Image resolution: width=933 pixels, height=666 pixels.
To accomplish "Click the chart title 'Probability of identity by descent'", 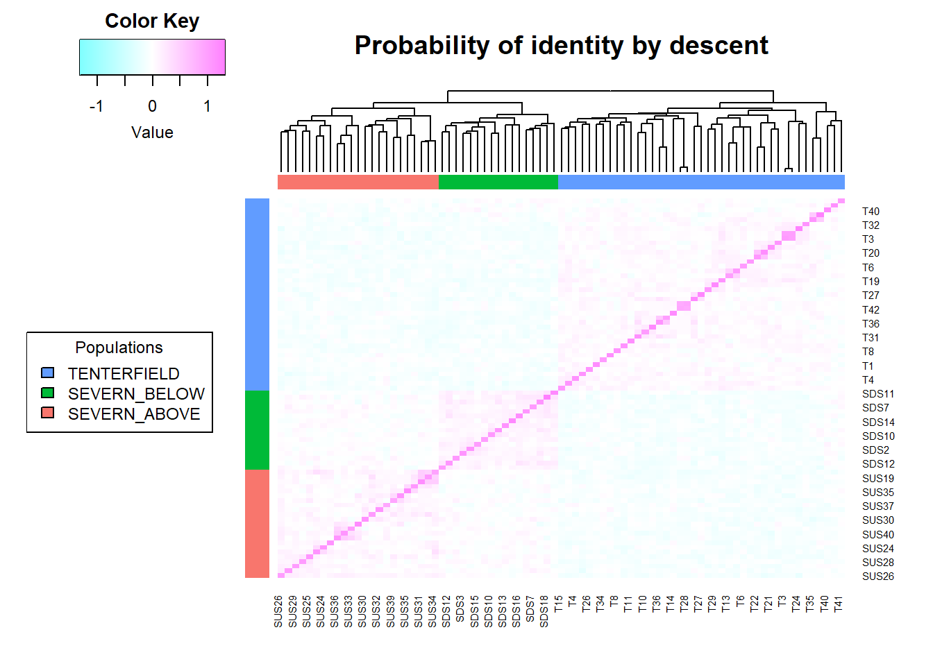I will point(561,46).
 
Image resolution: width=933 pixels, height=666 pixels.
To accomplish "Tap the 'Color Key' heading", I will point(152,21).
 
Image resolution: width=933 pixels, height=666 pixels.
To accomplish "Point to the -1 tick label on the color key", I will point(96,106).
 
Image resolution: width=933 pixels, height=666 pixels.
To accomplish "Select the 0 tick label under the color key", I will point(152,106).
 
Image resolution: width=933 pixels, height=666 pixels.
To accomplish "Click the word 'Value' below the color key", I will point(152,133).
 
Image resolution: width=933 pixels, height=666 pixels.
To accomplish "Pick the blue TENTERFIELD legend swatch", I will point(48,373).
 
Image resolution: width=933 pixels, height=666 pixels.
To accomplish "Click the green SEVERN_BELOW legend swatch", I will point(48,393).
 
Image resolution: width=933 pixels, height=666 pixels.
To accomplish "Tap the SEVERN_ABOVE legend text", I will point(134,414).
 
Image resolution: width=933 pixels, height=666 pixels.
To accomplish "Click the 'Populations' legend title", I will point(119,348).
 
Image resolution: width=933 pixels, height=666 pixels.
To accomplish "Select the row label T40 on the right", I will point(871,212).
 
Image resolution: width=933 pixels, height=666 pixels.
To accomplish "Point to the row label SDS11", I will point(878,394).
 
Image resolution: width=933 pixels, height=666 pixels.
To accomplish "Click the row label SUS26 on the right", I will point(878,577).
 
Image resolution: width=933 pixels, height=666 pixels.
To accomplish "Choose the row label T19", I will point(871,282).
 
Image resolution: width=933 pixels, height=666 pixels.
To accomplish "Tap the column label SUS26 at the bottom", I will point(278,611).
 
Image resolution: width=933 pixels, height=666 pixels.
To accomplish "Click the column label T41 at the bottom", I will point(838,604).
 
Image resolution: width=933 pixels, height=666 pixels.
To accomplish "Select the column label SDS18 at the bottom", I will point(544,611).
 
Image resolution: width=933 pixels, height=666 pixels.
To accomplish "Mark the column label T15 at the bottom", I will point(558,604).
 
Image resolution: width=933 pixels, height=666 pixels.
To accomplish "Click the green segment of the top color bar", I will point(498,182).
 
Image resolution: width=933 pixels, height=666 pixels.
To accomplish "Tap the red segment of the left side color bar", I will point(257,523).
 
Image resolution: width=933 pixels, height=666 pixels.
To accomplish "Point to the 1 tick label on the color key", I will point(207,106).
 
